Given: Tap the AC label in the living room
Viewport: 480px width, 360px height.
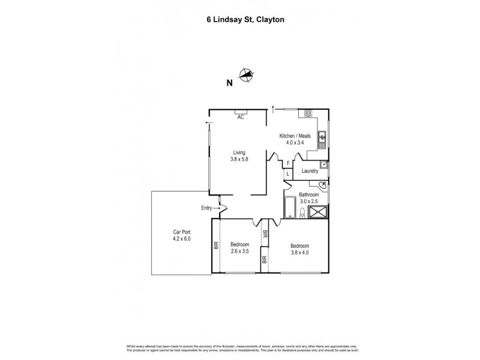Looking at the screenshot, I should pos(241,118).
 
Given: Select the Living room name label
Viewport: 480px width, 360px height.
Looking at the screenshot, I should pos(240,153).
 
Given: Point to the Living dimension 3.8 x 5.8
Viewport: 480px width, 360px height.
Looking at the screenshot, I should pos(240,160).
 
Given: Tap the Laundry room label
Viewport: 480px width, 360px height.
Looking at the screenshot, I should pos(310,171).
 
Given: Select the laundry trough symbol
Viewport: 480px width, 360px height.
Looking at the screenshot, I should pos(324,163).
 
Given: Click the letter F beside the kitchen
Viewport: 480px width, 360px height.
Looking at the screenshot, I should pos(288,163).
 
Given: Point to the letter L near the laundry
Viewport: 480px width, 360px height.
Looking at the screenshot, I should pos(288,174).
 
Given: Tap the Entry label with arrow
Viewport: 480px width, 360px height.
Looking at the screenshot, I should pos(209,208).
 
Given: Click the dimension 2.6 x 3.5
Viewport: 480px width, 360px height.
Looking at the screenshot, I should pos(240,251).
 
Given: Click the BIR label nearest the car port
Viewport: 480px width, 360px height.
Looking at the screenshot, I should pos(216,245).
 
